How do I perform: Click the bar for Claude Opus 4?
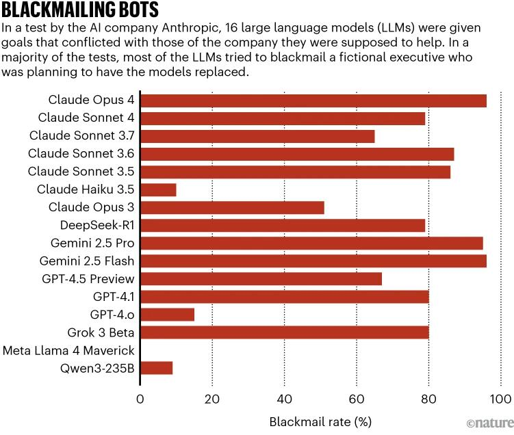click(x=313, y=101)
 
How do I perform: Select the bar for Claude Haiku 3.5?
click(x=158, y=189)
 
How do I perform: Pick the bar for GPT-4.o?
click(x=167, y=314)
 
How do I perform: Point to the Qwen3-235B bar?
click(x=156, y=368)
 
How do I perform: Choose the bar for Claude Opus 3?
click(x=232, y=207)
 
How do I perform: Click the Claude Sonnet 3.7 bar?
click(x=257, y=136)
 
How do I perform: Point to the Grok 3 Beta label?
click(x=101, y=332)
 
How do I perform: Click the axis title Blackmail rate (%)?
click(x=320, y=421)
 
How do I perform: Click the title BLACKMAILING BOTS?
click(x=80, y=10)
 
